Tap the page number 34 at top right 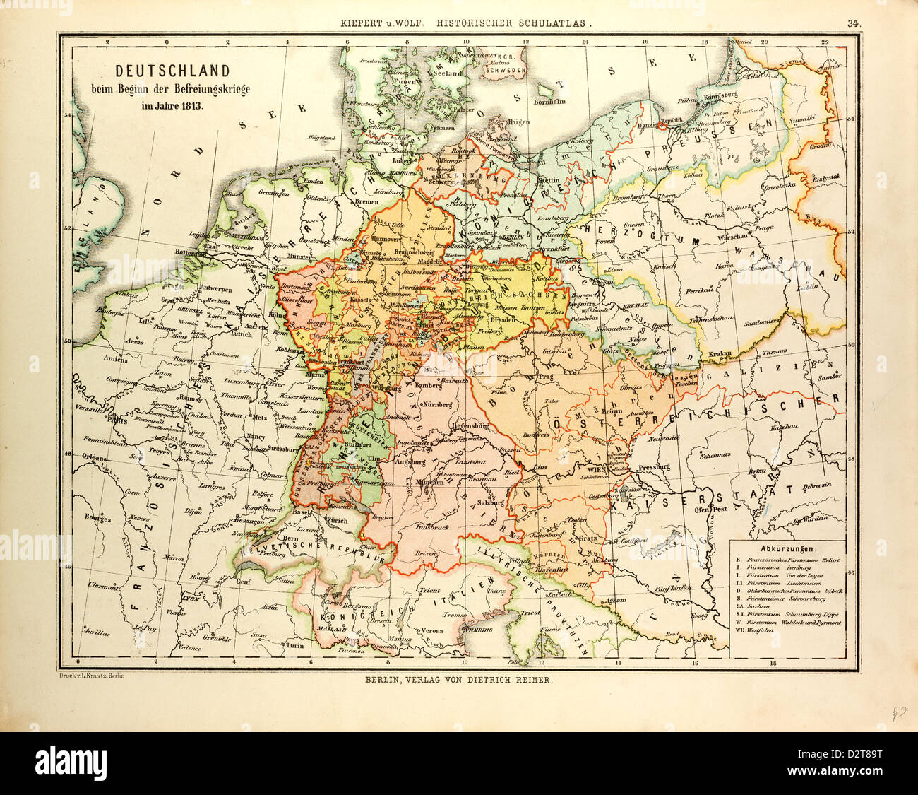(x=853, y=23)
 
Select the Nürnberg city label (x=441, y=406)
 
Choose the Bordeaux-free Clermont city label (x=104, y=585)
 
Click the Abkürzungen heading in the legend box (x=785, y=548)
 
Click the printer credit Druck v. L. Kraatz (x=90, y=676)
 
